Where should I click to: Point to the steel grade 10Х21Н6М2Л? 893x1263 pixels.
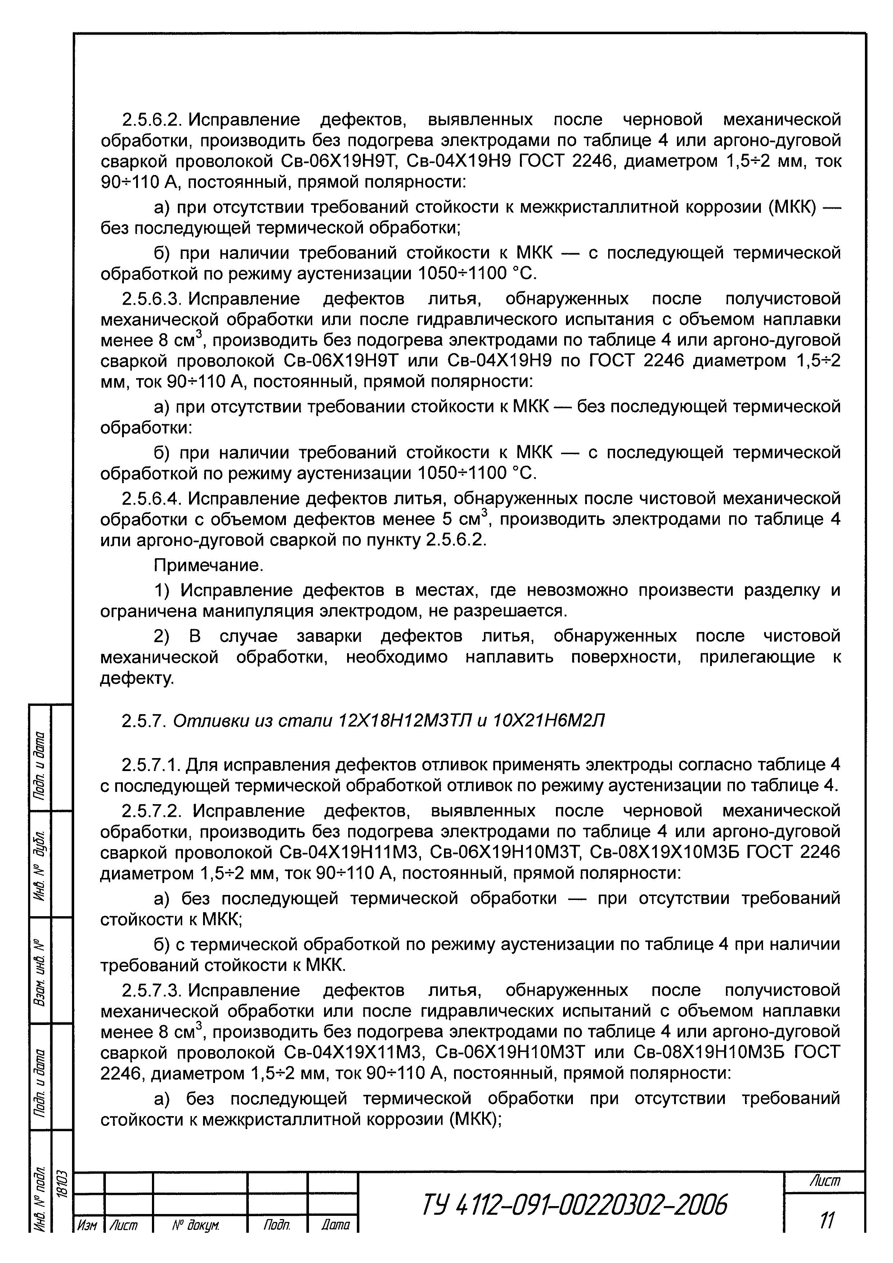550,721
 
